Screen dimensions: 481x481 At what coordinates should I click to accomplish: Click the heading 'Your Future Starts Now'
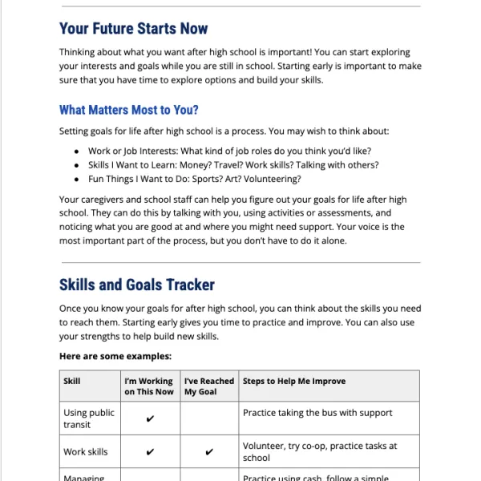(x=133, y=29)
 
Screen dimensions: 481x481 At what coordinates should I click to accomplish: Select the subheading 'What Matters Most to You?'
(x=128, y=110)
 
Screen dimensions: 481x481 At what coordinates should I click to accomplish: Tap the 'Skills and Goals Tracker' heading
(x=136, y=285)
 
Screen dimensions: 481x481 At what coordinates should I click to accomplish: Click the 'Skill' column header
(x=71, y=381)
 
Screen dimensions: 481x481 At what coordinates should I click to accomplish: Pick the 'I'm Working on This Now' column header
(x=148, y=386)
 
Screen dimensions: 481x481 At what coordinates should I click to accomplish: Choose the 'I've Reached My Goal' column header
(x=208, y=386)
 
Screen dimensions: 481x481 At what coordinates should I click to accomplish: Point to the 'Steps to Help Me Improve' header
(x=294, y=381)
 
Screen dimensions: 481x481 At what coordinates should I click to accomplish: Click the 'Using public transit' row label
(x=88, y=418)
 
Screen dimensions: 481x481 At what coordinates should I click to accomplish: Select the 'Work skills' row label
(x=85, y=452)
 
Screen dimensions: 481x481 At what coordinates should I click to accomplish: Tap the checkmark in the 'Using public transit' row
(x=149, y=418)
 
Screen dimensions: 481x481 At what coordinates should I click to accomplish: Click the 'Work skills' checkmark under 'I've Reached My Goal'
(x=209, y=452)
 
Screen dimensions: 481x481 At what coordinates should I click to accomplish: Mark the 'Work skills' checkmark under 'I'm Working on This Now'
(x=149, y=452)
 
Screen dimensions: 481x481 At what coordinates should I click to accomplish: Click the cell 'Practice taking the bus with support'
(x=317, y=413)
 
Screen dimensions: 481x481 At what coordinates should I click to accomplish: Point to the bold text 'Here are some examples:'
(x=115, y=356)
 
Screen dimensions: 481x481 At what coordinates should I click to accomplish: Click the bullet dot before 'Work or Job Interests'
(x=76, y=151)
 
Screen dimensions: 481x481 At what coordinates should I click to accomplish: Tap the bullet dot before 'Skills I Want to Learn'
(x=76, y=165)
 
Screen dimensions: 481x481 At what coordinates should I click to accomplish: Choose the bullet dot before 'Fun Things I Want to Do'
(x=76, y=180)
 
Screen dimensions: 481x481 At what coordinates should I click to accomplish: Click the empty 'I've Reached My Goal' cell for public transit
(x=209, y=418)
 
